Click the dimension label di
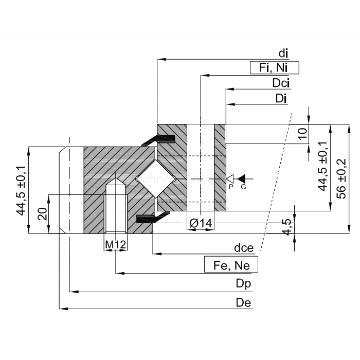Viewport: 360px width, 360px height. pos(283,53)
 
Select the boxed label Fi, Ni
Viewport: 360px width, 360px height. pos(274,68)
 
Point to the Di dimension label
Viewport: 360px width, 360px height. pos(281,98)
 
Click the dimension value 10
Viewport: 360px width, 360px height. pos(303,134)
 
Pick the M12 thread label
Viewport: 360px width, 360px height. pos(116,244)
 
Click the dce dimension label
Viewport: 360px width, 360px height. pos(244,248)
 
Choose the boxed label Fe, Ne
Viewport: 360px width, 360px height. pos(231,265)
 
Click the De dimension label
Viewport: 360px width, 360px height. pos(243,302)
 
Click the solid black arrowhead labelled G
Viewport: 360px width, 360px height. pos(242,178)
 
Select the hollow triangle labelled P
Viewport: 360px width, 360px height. pos(230,178)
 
